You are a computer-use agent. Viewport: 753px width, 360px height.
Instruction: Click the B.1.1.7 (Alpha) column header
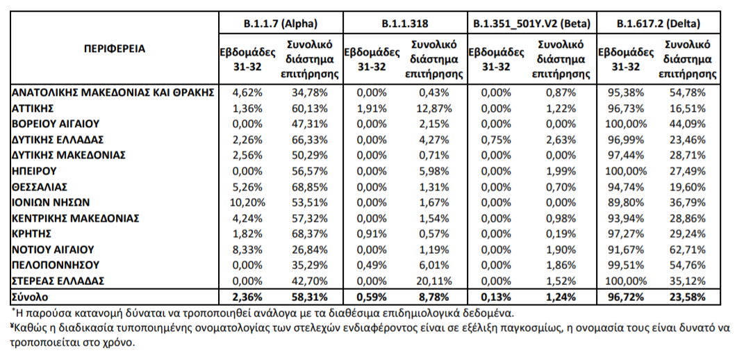[x=281, y=23]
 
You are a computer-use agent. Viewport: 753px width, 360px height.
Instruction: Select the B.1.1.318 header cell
[x=405, y=23]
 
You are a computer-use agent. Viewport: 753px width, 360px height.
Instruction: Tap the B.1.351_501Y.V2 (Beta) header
[x=531, y=23]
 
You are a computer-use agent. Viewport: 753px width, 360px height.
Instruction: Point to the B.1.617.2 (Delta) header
[x=659, y=23]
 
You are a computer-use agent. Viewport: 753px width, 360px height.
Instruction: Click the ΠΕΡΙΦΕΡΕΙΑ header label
[x=115, y=49]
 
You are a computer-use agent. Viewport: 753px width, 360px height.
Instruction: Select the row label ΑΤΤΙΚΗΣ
[x=32, y=108]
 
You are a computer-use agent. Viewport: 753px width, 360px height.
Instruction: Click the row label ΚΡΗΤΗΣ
[x=32, y=234]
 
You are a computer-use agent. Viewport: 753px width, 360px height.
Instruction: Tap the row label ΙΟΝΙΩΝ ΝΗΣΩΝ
[x=51, y=202]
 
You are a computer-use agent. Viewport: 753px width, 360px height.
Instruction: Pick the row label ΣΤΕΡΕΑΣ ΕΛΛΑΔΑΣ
[x=58, y=281]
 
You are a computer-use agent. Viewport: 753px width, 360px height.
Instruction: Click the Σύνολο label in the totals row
[x=31, y=297]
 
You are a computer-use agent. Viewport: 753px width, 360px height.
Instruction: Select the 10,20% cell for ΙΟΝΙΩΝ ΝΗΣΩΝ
[x=247, y=202]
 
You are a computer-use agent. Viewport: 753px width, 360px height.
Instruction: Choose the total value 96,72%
[x=627, y=297]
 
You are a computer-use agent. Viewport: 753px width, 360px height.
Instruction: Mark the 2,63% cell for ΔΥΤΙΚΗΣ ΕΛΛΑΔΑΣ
[x=561, y=140]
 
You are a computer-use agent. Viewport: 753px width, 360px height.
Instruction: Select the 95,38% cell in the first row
[x=627, y=92]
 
